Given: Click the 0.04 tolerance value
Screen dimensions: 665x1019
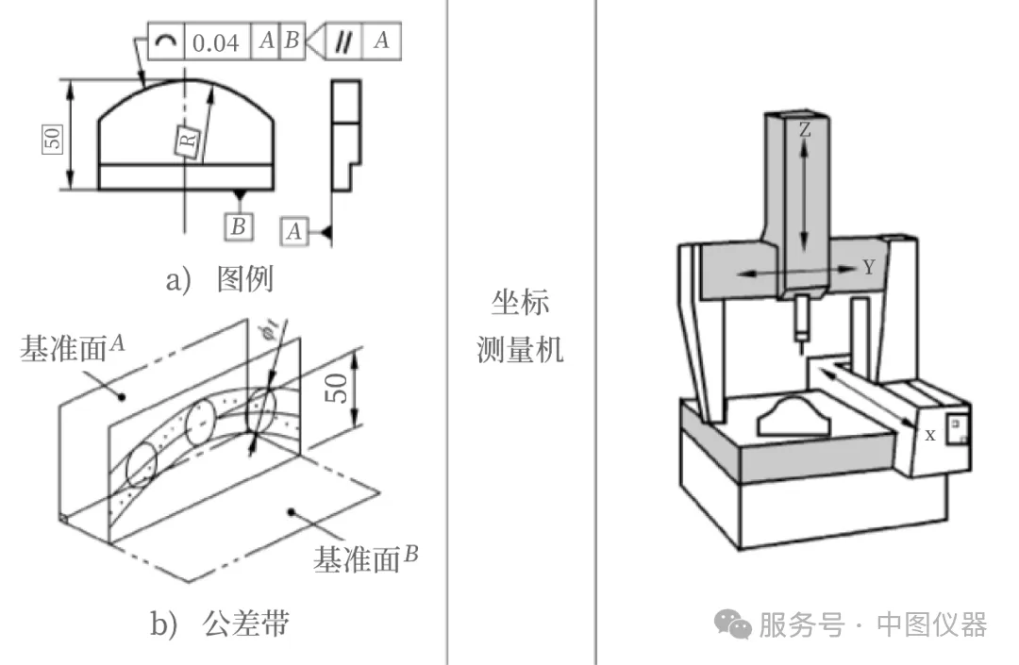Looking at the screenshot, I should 216,42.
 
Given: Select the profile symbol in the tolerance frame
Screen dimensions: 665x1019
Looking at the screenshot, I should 165,42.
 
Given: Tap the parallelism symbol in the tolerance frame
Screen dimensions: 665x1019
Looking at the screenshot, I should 346,41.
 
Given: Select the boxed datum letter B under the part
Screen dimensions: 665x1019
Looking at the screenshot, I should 239,225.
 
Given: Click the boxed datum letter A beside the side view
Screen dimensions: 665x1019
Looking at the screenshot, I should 296,230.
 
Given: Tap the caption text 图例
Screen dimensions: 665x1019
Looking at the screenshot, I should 243,279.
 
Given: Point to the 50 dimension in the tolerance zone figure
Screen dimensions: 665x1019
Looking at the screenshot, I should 337,382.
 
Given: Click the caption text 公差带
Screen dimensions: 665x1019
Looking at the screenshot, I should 246,623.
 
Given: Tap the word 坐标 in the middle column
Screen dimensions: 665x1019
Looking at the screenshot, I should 520,304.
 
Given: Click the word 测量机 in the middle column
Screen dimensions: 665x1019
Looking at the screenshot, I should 520,351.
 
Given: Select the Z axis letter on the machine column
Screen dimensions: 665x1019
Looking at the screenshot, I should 804,131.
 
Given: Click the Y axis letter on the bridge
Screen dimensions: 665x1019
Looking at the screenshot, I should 868,268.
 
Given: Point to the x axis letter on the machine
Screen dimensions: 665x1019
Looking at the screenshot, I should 930,435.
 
